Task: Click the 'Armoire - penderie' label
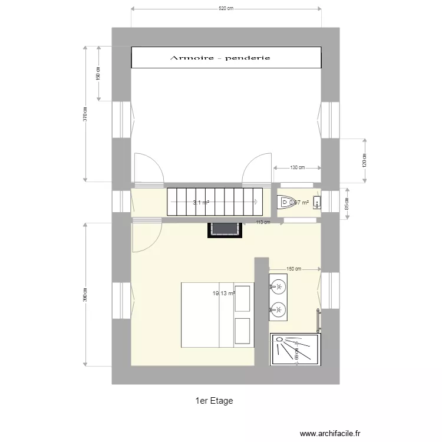[x=220, y=58]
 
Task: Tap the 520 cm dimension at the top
[x=226, y=9]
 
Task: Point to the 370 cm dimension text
[x=85, y=114]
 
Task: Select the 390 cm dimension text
[x=85, y=293]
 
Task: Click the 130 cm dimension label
[x=298, y=167]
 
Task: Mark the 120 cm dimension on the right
[x=364, y=159]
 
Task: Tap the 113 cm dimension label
[x=263, y=223]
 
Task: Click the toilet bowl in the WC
[x=286, y=203]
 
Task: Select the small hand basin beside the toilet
[x=316, y=203]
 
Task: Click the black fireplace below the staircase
[x=225, y=229]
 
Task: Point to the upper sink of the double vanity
[x=278, y=287]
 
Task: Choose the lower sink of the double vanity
[x=278, y=308]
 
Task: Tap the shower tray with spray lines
[x=295, y=351]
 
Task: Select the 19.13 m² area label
[x=224, y=293]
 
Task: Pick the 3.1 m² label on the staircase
[x=201, y=202]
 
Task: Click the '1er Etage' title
[x=214, y=401]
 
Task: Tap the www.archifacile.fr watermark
[x=330, y=433]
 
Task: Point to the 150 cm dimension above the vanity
[x=294, y=269]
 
